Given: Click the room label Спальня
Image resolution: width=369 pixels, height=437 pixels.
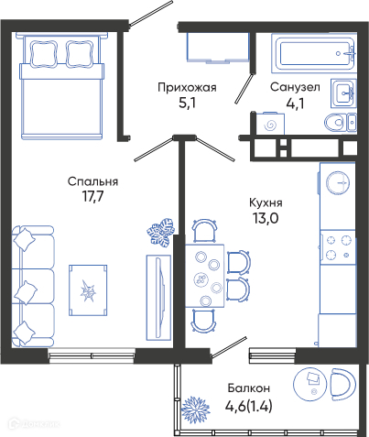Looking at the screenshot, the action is [x=92, y=181].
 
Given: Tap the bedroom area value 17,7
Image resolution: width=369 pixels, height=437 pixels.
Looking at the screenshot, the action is [x=92, y=197].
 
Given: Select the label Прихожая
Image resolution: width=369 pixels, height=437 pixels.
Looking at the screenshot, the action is [x=187, y=88].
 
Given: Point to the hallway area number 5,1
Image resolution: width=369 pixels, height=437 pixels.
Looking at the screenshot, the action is [x=187, y=104].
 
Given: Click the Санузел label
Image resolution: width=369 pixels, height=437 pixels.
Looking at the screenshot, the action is [x=295, y=87].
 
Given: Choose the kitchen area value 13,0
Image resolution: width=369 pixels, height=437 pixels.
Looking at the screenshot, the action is [x=266, y=218].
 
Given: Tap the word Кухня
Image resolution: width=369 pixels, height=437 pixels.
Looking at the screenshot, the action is [x=266, y=202].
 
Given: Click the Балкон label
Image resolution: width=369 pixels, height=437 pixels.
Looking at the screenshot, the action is [x=249, y=388].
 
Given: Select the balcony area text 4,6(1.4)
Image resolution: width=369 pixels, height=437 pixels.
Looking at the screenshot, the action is [x=249, y=406].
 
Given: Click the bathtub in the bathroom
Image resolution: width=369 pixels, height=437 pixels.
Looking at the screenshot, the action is [x=314, y=53].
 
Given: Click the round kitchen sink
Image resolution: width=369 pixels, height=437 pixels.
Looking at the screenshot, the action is [x=338, y=182].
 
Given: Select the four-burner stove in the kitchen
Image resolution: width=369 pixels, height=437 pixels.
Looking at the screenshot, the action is [x=338, y=247].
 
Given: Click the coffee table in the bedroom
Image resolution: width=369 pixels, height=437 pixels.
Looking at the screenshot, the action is [x=88, y=290].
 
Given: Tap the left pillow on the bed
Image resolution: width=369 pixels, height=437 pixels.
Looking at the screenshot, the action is [x=44, y=54].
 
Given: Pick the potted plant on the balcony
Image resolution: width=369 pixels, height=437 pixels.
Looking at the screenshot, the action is [x=195, y=410].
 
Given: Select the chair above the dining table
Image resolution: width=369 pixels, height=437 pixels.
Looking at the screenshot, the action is [x=205, y=231].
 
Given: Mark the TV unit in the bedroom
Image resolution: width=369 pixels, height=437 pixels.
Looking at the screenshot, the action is [x=158, y=298].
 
